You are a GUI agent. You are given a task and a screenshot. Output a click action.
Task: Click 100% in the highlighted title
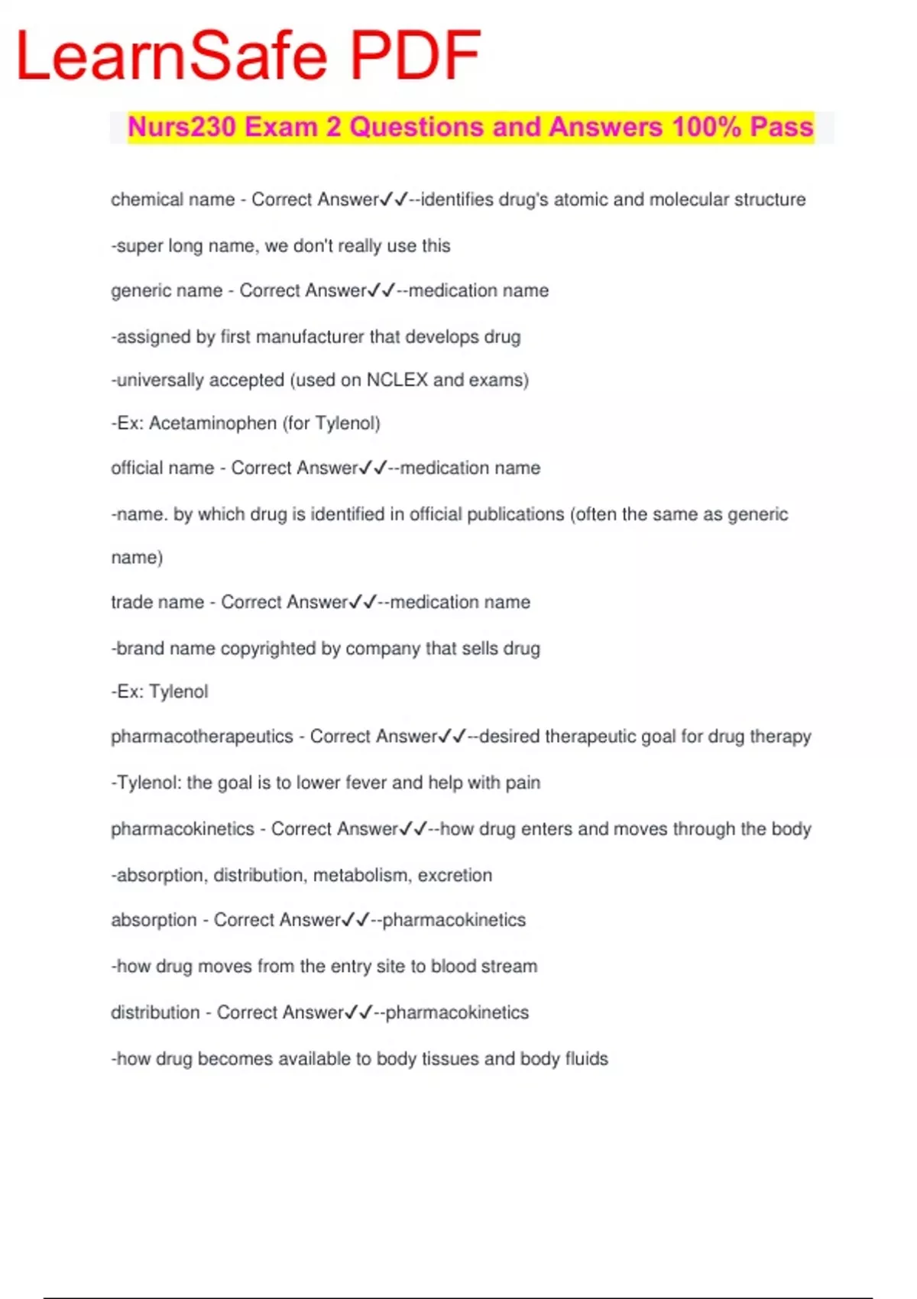pyautogui.click(x=706, y=127)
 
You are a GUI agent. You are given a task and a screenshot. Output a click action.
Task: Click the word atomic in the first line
pyautogui.click(x=581, y=199)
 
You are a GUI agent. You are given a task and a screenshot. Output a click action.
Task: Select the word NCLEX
pyautogui.click(x=397, y=380)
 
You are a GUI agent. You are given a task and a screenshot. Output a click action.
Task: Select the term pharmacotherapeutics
pyautogui.click(x=202, y=737)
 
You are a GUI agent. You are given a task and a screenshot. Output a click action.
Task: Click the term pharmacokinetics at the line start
pyautogui.click(x=182, y=829)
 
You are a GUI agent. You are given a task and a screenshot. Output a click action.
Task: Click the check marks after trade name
pyautogui.click(x=363, y=602)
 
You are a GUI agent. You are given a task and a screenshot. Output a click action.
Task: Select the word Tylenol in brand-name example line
pyautogui.click(x=179, y=692)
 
